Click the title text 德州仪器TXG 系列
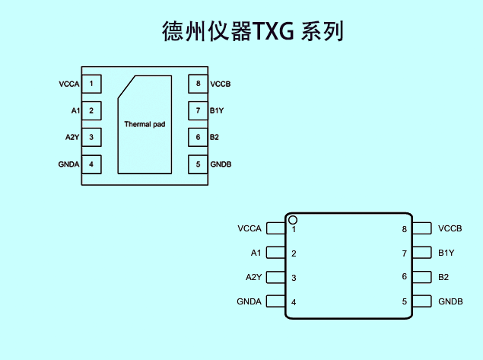click(253, 30)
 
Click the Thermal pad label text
click(145, 124)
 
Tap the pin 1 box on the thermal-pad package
click(91, 84)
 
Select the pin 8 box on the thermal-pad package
click(198, 84)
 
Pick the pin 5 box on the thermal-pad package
click(198, 164)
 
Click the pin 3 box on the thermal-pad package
click(91, 137)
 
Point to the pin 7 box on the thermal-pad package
click(198, 110)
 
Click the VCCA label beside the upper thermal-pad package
click(69, 84)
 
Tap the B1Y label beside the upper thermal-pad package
click(217, 110)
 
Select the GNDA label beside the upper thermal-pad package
click(69, 164)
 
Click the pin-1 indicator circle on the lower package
click(293, 220)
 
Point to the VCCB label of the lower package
click(450, 228)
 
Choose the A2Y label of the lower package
click(253, 277)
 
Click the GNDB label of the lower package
click(450, 301)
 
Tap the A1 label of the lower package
click(256, 253)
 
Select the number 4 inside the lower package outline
click(294, 302)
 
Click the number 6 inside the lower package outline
click(405, 277)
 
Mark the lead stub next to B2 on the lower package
click(421, 277)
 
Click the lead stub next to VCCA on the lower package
click(276, 228)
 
